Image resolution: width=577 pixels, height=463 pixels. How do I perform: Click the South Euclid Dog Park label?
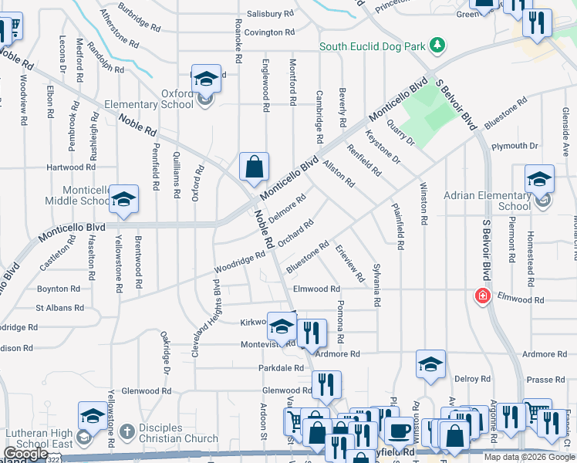[x=373, y=46]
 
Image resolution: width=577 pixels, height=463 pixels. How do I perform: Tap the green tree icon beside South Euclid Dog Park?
[x=438, y=46]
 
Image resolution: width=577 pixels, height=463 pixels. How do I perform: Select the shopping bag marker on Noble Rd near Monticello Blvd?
[x=254, y=167]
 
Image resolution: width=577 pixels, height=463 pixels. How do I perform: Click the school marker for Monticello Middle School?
[x=123, y=201]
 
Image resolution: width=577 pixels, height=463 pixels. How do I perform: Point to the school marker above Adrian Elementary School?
[x=539, y=181]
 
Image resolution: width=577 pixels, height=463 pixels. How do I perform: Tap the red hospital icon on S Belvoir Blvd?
[x=483, y=296]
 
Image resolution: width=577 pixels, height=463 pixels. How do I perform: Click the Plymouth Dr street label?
[x=515, y=146]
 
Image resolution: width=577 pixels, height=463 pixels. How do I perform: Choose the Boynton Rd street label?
[x=59, y=289]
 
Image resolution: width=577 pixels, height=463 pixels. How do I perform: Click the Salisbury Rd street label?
[x=271, y=14]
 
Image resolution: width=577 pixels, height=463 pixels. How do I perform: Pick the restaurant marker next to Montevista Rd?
[x=312, y=333]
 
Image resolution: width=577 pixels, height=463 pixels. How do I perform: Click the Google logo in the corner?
[x=25, y=454]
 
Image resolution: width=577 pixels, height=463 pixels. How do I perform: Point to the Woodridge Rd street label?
[x=240, y=261]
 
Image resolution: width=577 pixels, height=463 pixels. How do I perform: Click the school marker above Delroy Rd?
[x=430, y=366]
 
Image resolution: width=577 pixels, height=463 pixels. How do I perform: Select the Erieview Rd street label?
[x=349, y=262]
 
